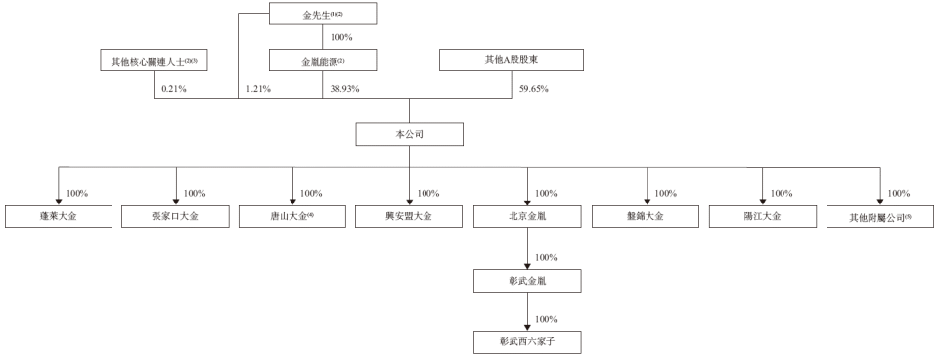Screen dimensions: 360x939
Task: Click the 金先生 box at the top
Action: [321, 15]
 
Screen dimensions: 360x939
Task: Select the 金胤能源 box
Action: [321, 61]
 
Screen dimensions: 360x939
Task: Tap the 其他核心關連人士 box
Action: [155, 61]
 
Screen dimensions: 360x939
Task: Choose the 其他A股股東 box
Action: [512, 61]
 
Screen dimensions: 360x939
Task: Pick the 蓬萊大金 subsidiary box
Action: [59, 216]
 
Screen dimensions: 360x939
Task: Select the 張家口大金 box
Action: [176, 216]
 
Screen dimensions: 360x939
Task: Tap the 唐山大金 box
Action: [292, 216]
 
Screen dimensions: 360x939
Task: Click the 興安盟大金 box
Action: [410, 216]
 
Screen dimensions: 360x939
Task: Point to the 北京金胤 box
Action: [528, 216]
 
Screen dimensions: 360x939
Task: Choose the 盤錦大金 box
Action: [646, 216]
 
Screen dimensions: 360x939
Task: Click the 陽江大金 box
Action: [762, 216]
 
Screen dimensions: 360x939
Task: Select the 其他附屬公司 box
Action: [880, 216]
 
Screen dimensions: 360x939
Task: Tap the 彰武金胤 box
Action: [528, 281]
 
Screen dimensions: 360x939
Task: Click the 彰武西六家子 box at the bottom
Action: [528, 341]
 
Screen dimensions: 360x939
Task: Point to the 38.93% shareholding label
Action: [344, 89]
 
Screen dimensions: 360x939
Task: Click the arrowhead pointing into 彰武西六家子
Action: [528, 327]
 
